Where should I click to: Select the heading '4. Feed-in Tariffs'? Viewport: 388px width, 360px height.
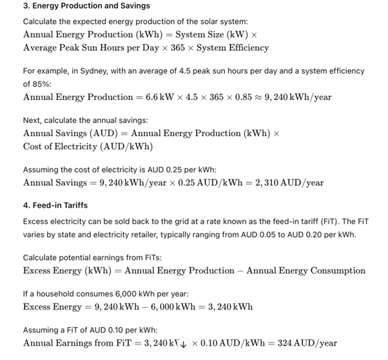click(55, 206)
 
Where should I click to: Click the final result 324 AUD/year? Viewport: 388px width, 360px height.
click(307, 343)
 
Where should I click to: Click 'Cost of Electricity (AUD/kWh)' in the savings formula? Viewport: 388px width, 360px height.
click(88, 146)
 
